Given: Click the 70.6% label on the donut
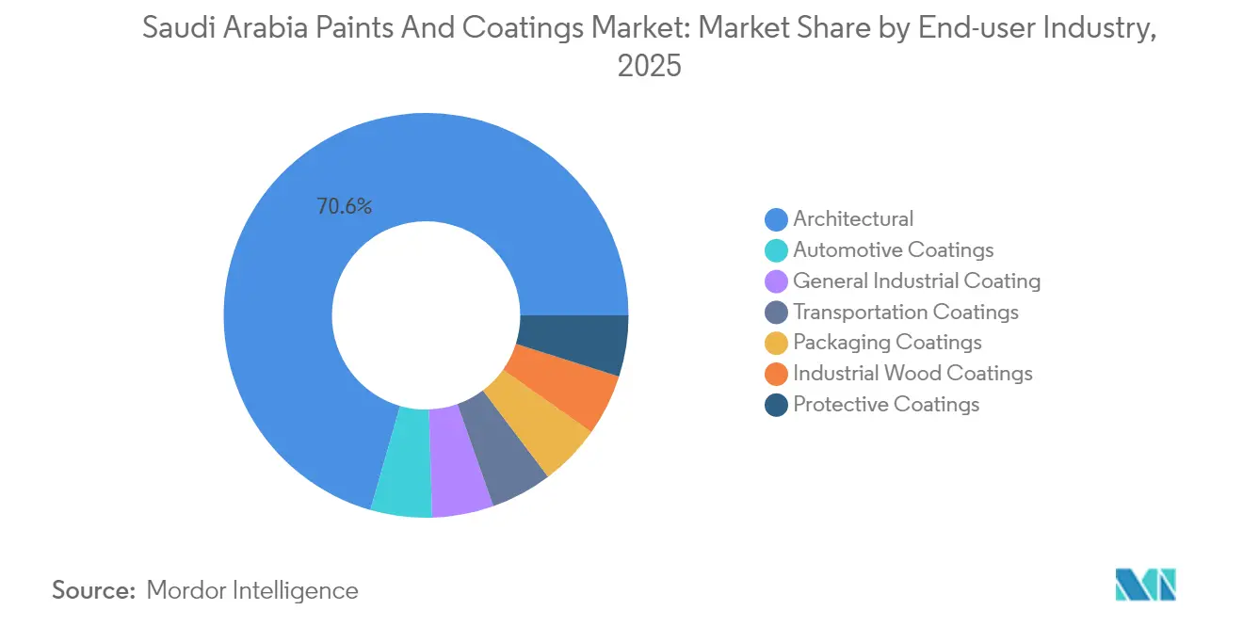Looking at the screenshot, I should click(344, 206).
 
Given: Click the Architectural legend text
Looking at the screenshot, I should click(852, 219).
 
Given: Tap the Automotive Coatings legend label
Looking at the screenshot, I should click(893, 250).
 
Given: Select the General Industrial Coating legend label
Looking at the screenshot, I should click(916, 281).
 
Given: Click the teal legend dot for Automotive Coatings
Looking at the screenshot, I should click(776, 251).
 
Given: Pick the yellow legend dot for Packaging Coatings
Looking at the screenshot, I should click(776, 344).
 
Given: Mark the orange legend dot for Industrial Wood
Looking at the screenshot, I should click(776, 375).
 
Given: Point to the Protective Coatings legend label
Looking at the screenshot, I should click(886, 405).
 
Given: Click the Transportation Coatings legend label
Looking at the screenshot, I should click(905, 313).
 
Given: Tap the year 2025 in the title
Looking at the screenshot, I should click(649, 67).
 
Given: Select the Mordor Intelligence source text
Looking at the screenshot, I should click(252, 590).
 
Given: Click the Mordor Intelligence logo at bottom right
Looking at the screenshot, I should click(1144, 585).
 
